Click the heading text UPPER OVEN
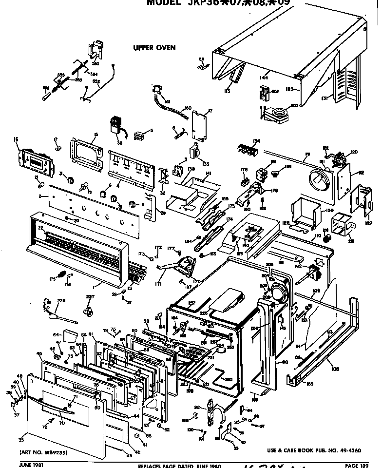[x=154, y=48]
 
